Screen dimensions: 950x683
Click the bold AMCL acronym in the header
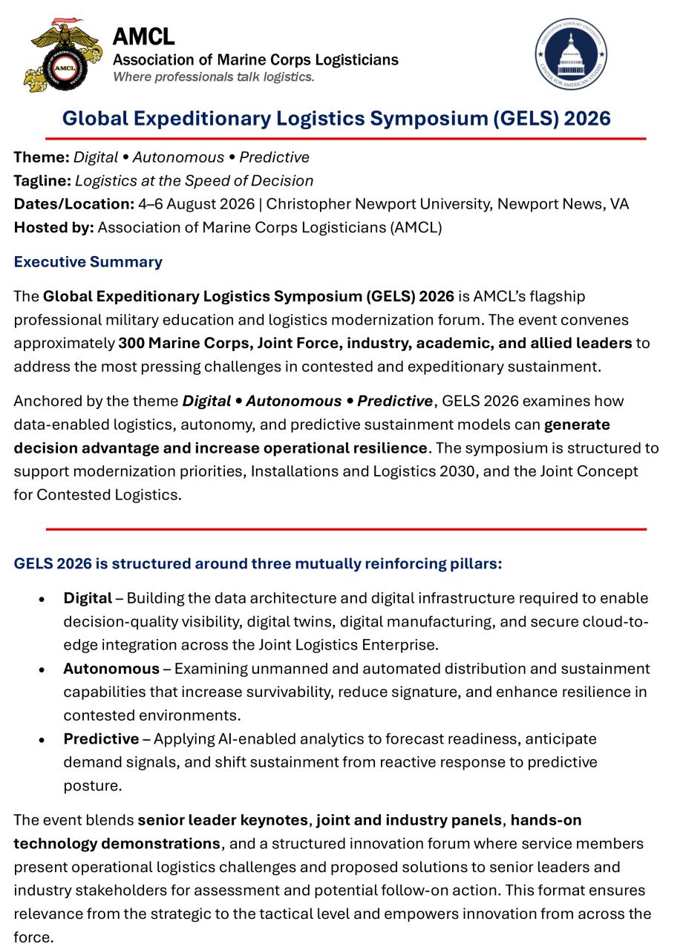click(x=143, y=36)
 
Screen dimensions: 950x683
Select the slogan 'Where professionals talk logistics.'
click(x=214, y=77)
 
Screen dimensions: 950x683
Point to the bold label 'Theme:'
click(x=42, y=157)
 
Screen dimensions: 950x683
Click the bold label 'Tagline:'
click(x=42, y=181)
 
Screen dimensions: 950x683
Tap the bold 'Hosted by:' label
click(x=53, y=228)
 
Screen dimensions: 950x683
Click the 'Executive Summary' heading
click(x=88, y=262)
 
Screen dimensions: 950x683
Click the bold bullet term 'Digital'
click(x=88, y=598)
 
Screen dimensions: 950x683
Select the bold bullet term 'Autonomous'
click(x=111, y=669)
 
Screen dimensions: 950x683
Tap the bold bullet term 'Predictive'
click(x=101, y=739)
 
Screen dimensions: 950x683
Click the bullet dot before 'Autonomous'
click(x=42, y=669)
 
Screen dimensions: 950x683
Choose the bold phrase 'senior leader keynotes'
click(x=223, y=820)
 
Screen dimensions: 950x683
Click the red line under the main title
click(x=345, y=139)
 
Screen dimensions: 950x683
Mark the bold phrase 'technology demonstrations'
click(x=117, y=844)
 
